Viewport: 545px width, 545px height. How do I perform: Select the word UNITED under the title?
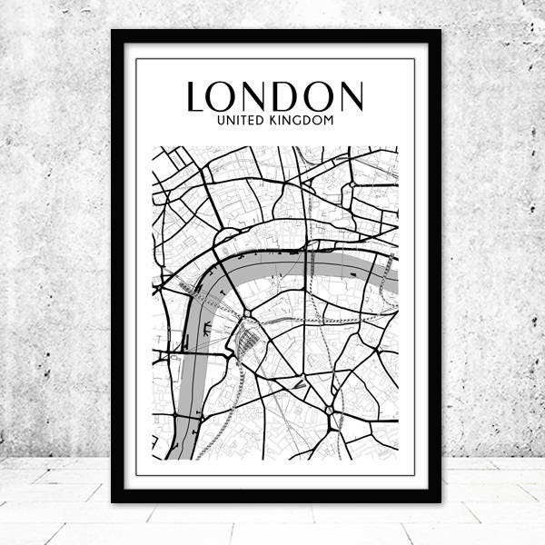238,120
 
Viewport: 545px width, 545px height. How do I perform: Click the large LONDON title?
274,96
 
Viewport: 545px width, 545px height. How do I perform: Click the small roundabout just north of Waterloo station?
246,314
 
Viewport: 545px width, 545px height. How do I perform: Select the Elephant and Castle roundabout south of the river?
329,411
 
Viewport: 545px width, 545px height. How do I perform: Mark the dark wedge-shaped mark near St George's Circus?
299,384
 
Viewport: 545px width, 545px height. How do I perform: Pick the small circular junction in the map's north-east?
352,185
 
